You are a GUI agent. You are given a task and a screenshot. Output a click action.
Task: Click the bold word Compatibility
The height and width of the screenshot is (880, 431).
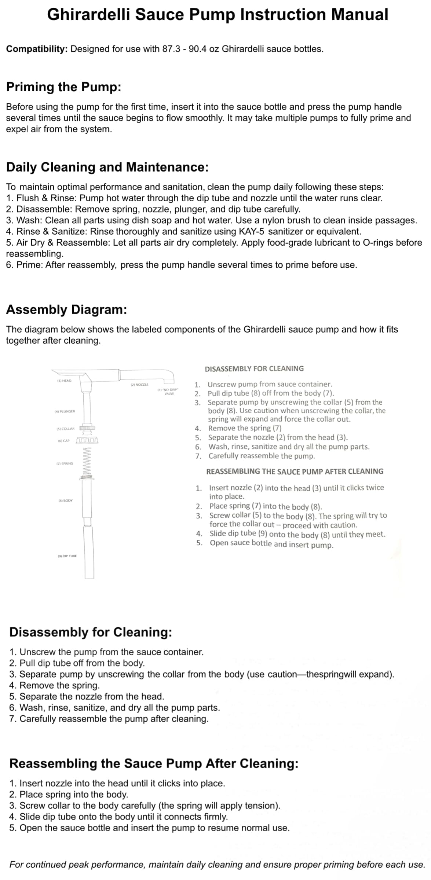click(36, 49)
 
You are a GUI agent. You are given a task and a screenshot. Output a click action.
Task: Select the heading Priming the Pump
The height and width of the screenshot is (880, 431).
click(63, 87)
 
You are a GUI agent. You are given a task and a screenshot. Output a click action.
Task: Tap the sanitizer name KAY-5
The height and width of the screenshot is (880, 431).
click(252, 231)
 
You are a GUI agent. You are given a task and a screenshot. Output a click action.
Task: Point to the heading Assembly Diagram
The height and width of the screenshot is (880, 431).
click(66, 310)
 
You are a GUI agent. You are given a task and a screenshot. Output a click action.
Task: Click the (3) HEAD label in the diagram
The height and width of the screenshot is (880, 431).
click(64, 381)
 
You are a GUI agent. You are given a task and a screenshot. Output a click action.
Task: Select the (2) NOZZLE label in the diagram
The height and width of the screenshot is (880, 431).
click(139, 384)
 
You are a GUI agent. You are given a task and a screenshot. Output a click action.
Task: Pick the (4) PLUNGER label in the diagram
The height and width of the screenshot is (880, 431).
click(65, 411)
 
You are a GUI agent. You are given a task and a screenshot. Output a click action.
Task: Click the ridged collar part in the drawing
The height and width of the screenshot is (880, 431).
click(87, 428)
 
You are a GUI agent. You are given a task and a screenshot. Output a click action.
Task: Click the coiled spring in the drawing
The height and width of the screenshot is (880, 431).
click(87, 461)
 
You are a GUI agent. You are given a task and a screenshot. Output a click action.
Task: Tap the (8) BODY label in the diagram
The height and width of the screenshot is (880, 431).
click(66, 500)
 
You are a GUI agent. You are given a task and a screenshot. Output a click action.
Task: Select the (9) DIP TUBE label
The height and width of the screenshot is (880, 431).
click(67, 556)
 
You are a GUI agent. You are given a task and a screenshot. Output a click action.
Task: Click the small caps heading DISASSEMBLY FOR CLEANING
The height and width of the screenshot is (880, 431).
click(254, 369)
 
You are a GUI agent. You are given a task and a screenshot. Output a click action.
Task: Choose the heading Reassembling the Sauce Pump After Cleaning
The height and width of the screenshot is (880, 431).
click(154, 764)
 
